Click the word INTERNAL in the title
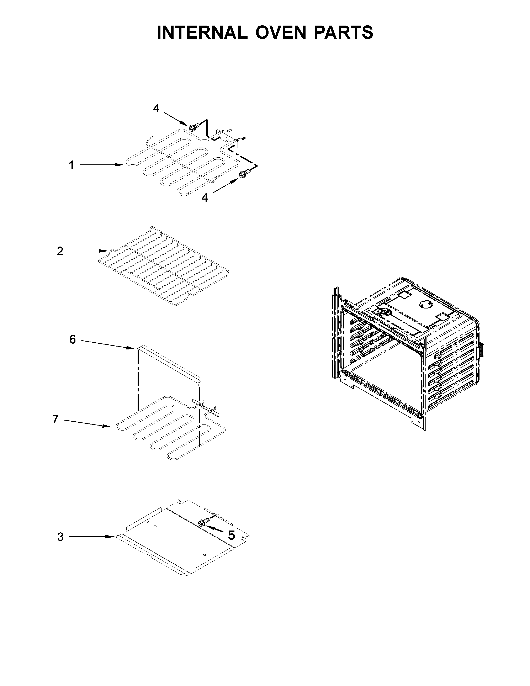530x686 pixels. pyautogui.click(x=202, y=32)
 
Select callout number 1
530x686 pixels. pyautogui.click(x=71, y=165)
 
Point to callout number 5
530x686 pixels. pyautogui.click(x=231, y=535)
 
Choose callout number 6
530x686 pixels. pyautogui.click(x=73, y=339)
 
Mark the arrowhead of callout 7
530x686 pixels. pyautogui.click(x=108, y=426)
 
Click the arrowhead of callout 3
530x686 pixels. pyautogui.click(x=111, y=537)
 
